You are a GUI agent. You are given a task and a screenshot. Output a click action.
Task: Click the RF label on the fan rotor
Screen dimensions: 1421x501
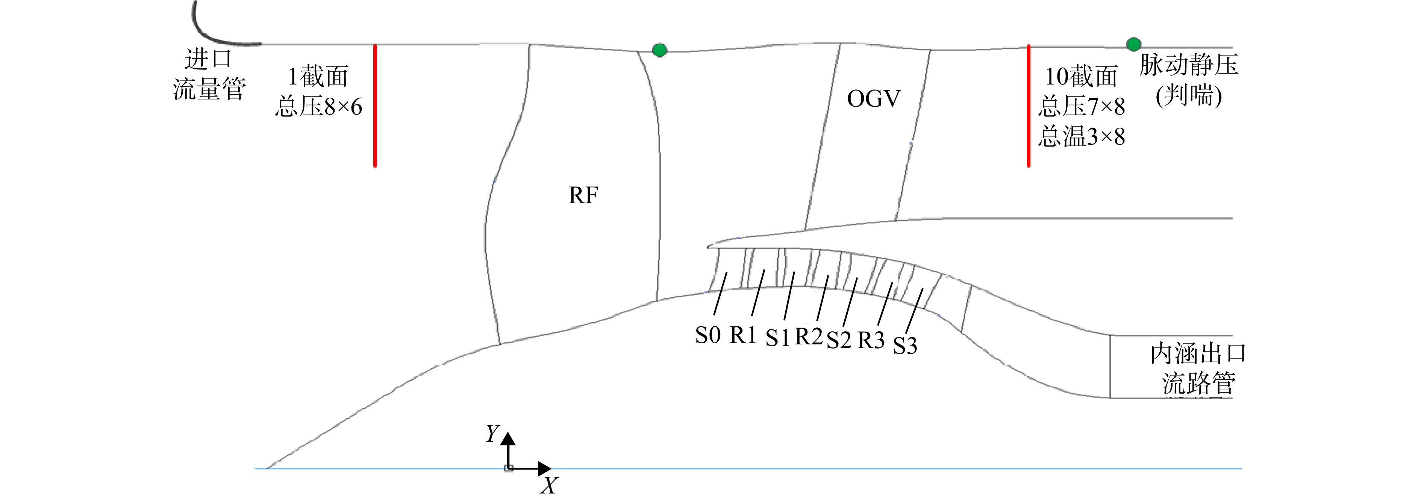click(583, 195)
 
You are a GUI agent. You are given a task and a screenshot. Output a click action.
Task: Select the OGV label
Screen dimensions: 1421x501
click(874, 99)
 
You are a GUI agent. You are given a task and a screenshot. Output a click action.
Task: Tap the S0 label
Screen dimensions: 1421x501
click(708, 335)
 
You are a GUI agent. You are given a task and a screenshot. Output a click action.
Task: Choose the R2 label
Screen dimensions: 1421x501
click(809, 336)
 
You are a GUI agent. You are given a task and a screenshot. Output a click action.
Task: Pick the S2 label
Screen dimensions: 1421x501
click(839, 340)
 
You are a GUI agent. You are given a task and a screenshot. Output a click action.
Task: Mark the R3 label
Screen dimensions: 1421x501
click(871, 340)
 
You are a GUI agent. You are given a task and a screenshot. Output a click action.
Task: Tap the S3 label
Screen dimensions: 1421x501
click(905, 346)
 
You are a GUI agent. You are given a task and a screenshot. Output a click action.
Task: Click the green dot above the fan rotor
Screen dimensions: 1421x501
click(660, 50)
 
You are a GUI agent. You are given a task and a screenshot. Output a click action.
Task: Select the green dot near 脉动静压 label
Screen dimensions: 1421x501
click(1133, 44)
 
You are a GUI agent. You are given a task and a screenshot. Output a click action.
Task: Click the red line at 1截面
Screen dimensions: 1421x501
click(375, 105)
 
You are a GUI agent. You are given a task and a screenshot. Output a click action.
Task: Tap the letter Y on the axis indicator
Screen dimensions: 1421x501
click(492, 434)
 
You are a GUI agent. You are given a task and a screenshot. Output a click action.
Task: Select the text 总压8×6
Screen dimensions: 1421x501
click(319, 106)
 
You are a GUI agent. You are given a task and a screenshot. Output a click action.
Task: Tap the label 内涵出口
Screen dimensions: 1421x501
click(1198, 354)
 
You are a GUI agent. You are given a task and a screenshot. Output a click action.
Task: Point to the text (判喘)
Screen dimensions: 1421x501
click(1189, 96)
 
